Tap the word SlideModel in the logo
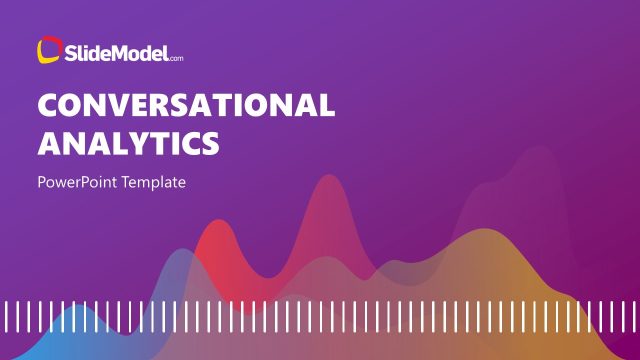click(116, 52)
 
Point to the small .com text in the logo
click(176, 57)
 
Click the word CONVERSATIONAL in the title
click(186, 106)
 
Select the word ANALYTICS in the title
click(128, 143)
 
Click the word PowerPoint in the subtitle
click(79, 184)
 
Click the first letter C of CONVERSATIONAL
click(49, 106)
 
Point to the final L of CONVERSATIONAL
click(325, 106)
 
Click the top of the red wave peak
click(212, 223)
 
